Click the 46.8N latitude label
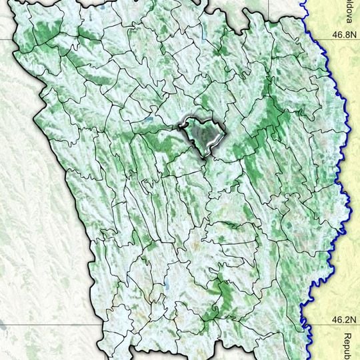coord(344,31)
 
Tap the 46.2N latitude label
coord(344,320)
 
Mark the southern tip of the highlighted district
coord(207,157)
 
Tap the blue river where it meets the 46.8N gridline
coord(313,38)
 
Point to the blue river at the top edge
coord(303,2)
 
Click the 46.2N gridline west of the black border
coord(40,327)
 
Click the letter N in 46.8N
coord(355,31)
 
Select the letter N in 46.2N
coord(355,320)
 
